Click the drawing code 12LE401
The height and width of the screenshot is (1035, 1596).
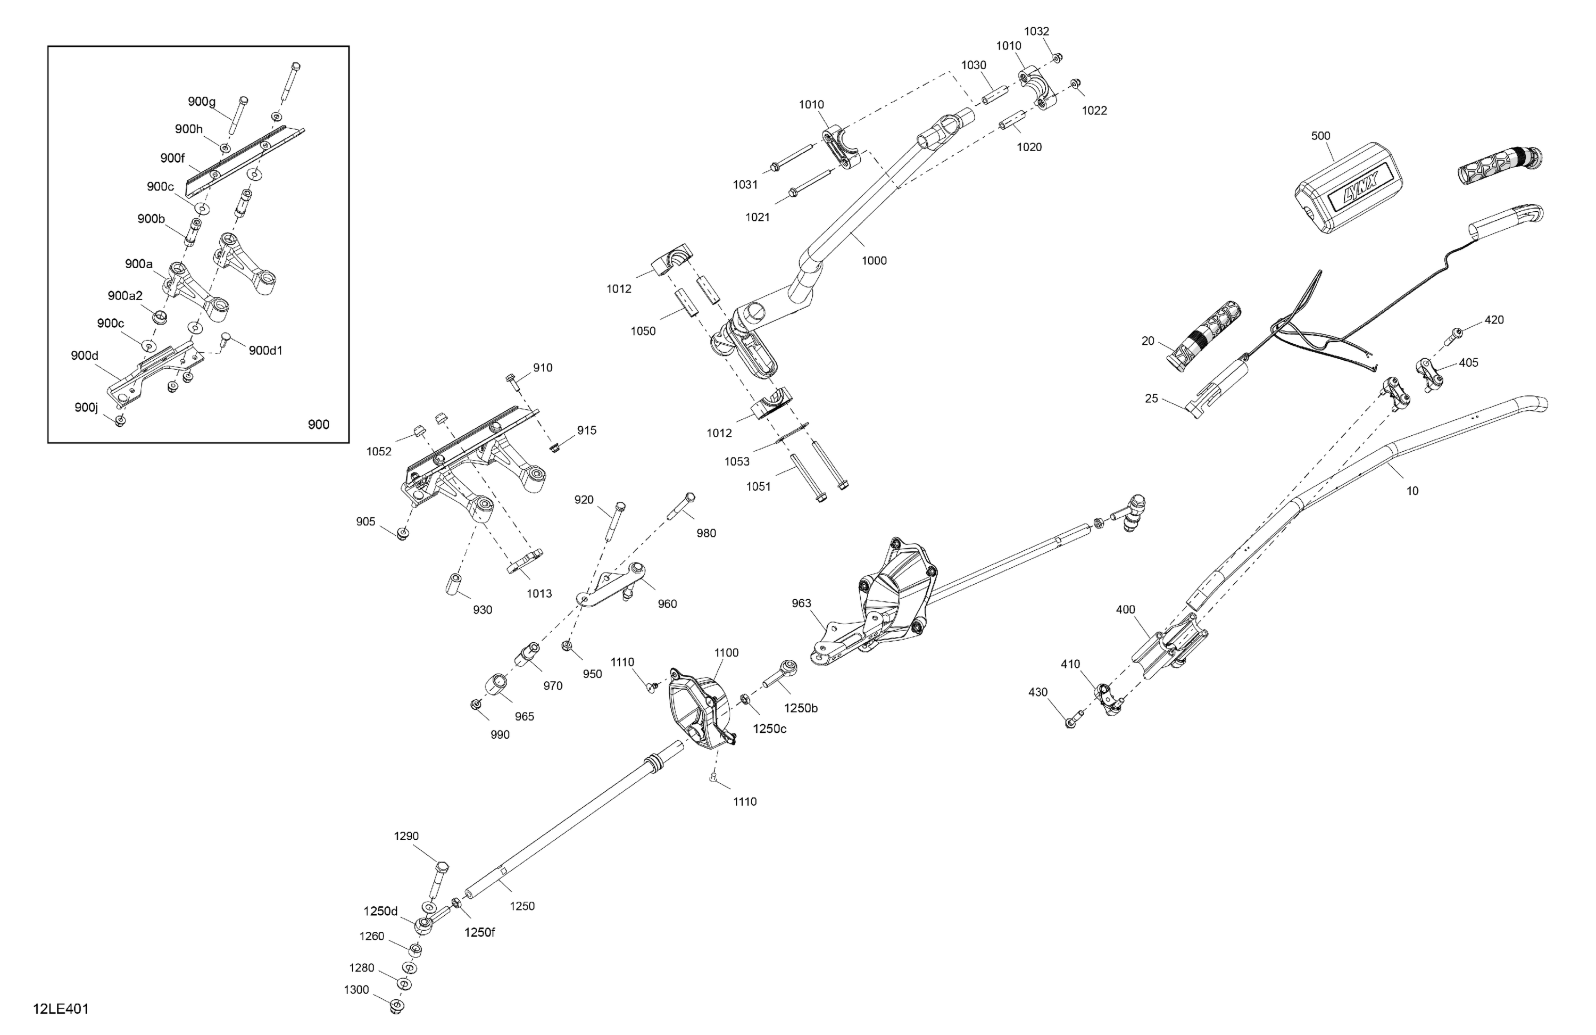(x=60, y=1009)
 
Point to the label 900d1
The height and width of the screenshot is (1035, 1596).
(x=265, y=350)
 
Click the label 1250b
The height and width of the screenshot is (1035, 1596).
(x=801, y=708)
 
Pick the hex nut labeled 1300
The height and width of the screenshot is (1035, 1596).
(x=397, y=1006)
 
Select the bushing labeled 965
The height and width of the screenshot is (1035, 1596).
(x=496, y=687)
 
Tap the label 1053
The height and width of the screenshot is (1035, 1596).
(x=737, y=461)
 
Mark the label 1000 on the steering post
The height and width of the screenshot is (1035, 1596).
(x=874, y=261)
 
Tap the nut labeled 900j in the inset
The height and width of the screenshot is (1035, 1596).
(x=120, y=420)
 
